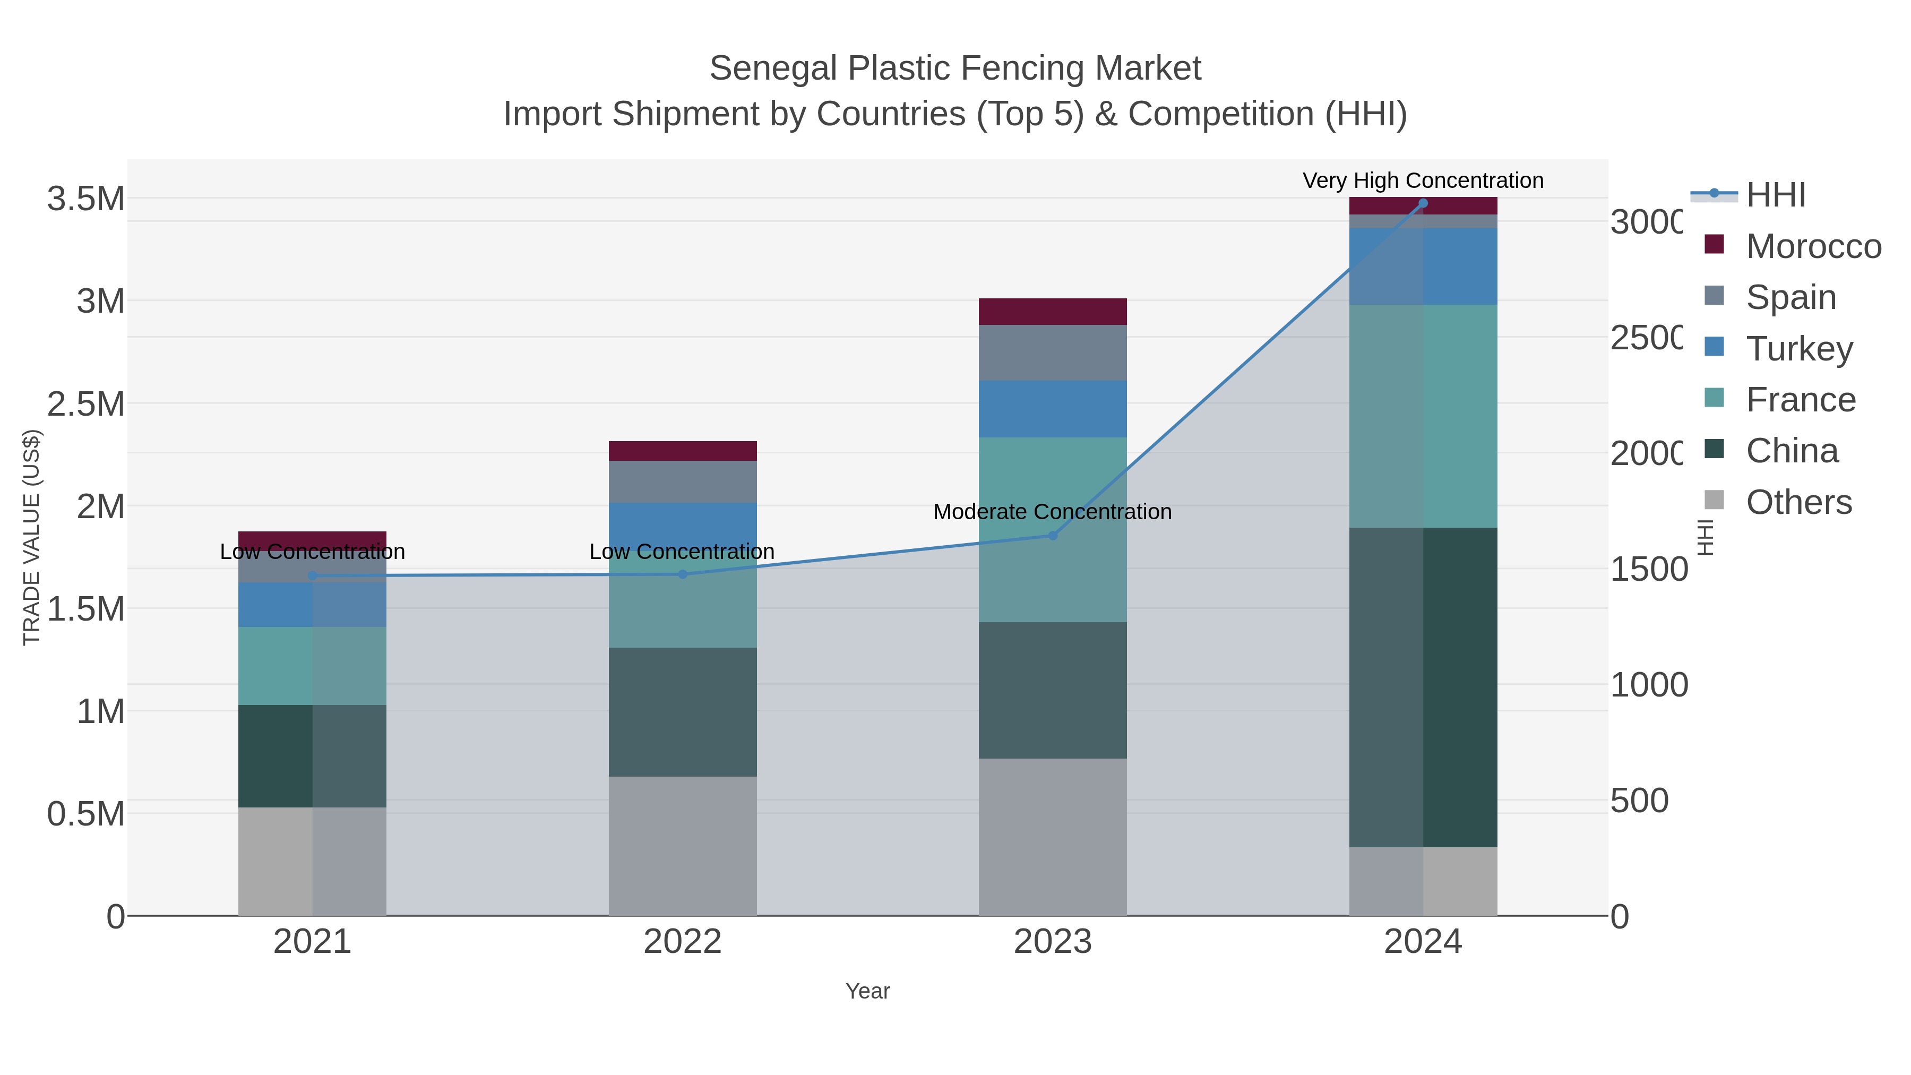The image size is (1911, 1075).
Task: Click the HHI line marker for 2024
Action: [1422, 203]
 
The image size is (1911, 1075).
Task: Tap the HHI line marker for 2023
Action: [1052, 535]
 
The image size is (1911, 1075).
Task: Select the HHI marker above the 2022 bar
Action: [683, 574]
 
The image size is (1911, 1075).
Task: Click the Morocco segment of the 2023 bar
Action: [1052, 312]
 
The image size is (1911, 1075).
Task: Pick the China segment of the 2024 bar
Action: [1422, 687]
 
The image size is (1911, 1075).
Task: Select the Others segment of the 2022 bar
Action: [683, 846]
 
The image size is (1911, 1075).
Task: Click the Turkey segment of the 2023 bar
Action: [1052, 409]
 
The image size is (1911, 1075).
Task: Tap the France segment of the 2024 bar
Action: [1422, 416]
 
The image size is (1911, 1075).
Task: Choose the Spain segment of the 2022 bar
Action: [683, 481]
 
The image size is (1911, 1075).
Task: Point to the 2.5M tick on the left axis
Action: [86, 405]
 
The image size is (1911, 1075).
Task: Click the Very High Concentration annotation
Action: [1422, 180]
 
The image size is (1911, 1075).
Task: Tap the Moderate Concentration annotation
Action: [1052, 512]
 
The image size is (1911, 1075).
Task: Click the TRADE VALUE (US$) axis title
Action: [31, 537]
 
